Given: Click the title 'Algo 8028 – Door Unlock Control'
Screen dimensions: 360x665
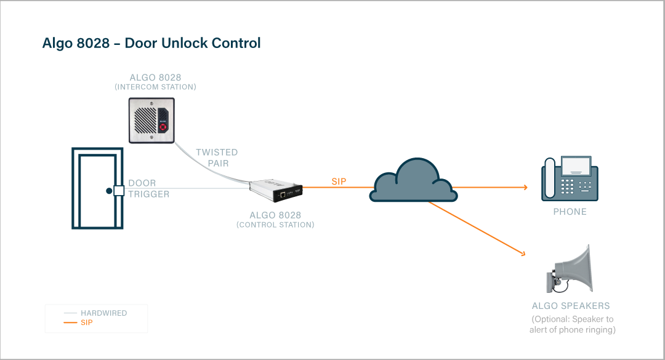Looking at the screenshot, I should click(x=151, y=43).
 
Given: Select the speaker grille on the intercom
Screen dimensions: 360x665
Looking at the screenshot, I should click(x=144, y=120).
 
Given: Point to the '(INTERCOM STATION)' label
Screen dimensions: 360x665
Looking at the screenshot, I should click(x=155, y=87).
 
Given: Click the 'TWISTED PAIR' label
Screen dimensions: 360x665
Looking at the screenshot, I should click(x=217, y=158).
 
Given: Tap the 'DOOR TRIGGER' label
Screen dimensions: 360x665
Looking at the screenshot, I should click(x=148, y=189).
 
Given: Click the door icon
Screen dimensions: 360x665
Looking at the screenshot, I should click(x=97, y=188).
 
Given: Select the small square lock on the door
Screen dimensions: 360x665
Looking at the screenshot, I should click(x=118, y=191).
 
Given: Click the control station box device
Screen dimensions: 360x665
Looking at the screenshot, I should click(x=278, y=192).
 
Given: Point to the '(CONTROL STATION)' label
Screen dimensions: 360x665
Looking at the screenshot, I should click(x=275, y=225).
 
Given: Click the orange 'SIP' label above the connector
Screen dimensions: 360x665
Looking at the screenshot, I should click(x=339, y=182).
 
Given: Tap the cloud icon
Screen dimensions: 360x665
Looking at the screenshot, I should click(x=413, y=180).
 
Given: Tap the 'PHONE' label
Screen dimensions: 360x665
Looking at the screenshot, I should click(x=570, y=212).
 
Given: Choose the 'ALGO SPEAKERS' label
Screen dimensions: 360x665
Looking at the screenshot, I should click(x=571, y=306).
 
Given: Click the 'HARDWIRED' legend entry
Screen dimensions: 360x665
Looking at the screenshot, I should click(x=103, y=313).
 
